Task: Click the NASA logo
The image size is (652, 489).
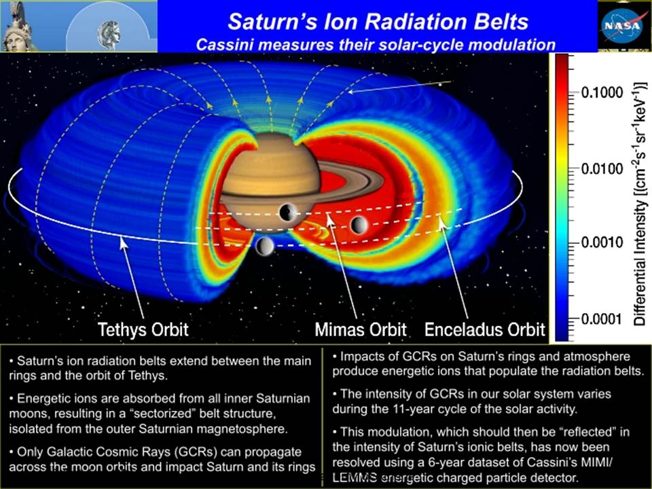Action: pos(623,25)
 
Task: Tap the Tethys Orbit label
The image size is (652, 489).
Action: pos(143,329)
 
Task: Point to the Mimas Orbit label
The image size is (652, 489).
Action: pos(361,329)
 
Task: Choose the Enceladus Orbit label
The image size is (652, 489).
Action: pos(484,329)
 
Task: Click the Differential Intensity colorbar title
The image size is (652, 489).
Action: pos(640,204)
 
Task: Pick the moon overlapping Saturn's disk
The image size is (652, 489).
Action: pos(288,213)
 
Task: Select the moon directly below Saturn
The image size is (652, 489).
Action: pos(265,246)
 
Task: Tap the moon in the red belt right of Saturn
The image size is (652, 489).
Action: pos(359,225)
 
